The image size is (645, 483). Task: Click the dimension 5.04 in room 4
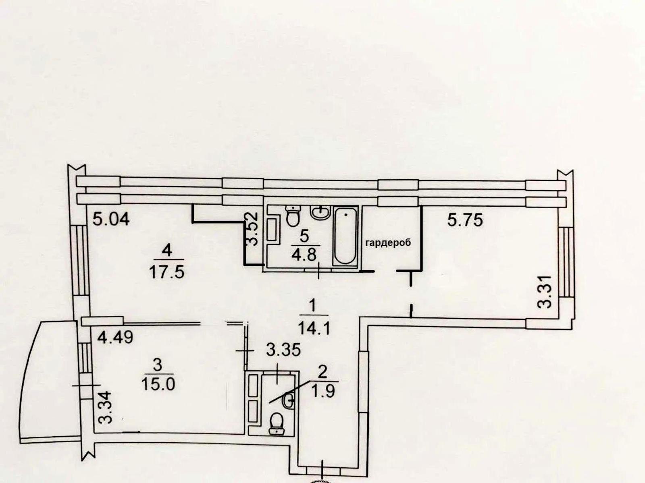tap(111, 219)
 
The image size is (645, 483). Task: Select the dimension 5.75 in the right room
tap(465, 220)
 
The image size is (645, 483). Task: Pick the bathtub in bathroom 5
tap(345, 236)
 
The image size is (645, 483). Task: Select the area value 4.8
tap(304, 255)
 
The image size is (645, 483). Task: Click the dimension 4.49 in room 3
tap(115, 337)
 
